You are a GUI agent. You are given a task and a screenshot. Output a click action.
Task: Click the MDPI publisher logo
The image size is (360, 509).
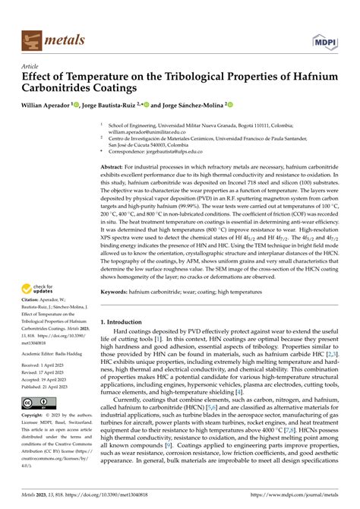tap(322, 37)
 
